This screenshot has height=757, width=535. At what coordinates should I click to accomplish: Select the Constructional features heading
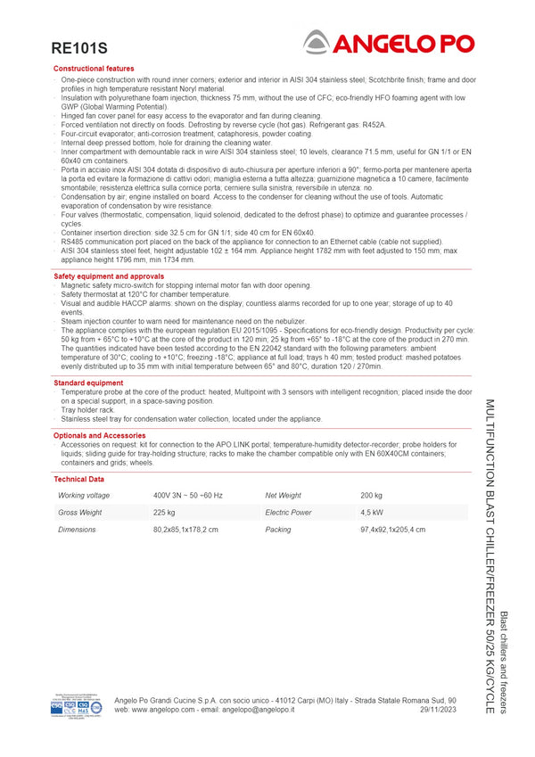click(94, 69)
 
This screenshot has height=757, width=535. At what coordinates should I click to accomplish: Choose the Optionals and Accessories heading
click(99, 435)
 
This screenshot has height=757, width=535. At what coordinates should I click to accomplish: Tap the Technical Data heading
click(78, 479)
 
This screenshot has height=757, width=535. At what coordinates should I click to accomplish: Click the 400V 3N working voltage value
click(187, 495)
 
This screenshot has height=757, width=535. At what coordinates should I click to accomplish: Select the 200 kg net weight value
click(371, 495)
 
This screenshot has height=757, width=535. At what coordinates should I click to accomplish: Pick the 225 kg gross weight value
click(164, 513)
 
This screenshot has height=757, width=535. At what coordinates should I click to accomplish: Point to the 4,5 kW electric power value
click(372, 513)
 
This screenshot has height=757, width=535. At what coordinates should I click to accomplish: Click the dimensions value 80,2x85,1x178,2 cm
click(185, 530)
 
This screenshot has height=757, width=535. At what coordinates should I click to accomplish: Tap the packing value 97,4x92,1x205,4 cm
click(392, 530)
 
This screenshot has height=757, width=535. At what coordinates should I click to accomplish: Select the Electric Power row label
click(288, 513)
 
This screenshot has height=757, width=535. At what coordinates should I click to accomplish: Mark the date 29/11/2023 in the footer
click(438, 710)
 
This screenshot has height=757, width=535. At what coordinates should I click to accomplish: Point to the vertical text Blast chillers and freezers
click(504, 662)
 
